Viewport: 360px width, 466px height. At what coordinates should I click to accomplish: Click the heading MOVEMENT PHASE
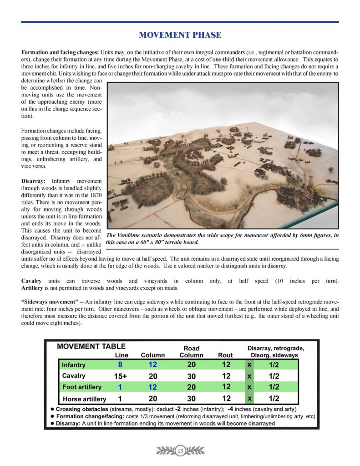point(180,35)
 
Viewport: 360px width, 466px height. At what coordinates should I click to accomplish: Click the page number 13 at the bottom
point(180,451)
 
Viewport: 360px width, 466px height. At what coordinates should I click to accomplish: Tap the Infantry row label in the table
point(74,365)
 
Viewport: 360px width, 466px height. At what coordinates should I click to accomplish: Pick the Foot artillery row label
point(82,387)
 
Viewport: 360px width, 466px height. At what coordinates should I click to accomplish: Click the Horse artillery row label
point(84,399)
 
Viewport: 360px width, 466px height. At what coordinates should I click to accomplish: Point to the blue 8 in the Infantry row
point(120,365)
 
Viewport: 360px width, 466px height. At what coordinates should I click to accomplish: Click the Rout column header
point(225,355)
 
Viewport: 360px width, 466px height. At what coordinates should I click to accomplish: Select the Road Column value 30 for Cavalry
point(191,376)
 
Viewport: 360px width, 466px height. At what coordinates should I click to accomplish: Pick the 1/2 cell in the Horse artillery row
point(274,399)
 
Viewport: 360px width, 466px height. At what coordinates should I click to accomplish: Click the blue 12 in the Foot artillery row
point(152,387)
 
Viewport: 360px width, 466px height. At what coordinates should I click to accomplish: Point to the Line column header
point(122,355)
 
